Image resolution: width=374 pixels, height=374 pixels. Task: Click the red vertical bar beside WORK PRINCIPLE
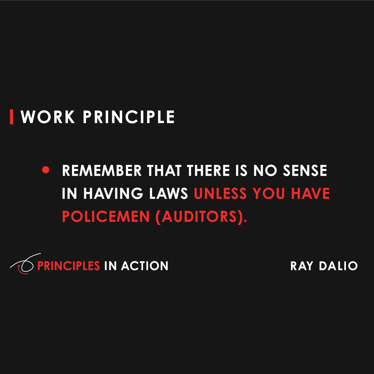click(12, 117)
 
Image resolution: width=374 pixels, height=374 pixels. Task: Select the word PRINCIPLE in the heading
click(129, 117)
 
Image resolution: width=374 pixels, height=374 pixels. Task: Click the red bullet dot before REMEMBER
click(46, 170)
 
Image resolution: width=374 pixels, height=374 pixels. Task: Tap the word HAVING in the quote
click(113, 194)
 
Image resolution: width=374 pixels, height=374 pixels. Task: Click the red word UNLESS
click(220, 194)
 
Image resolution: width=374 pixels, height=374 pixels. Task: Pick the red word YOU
click(269, 194)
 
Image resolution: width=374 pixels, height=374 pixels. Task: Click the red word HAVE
click(310, 194)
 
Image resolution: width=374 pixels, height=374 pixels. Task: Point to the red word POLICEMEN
click(106, 217)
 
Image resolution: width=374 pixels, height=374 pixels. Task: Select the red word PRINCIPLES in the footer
click(69, 266)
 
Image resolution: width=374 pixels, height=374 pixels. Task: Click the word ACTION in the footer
click(145, 266)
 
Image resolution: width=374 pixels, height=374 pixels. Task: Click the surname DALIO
click(338, 266)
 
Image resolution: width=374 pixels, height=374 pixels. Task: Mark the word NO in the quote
click(265, 170)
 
